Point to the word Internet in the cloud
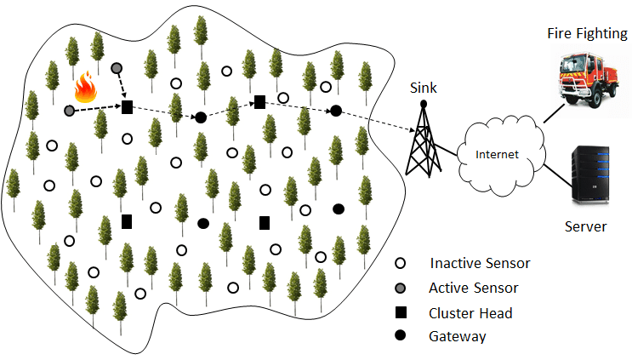[x=496, y=155]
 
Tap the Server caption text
[x=585, y=226]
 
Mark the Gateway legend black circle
[x=402, y=335]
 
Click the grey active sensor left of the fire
[x=69, y=110]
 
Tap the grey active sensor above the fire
[x=117, y=67]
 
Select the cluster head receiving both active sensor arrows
[x=127, y=106]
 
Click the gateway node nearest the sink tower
[x=336, y=111]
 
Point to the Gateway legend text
[x=458, y=336]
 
